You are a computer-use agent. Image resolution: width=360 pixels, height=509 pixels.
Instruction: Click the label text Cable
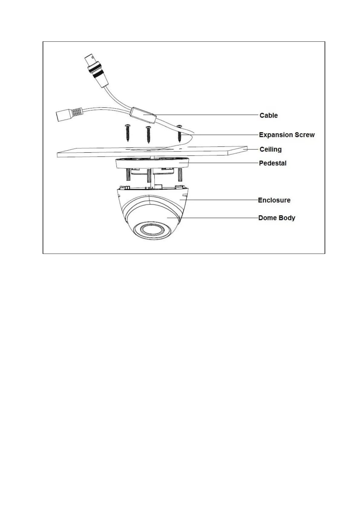click(x=268, y=115)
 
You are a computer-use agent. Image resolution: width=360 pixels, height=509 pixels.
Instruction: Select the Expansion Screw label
click(x=286, y=135)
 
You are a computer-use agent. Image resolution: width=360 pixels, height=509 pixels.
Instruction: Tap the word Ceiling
click(x=270, y=149)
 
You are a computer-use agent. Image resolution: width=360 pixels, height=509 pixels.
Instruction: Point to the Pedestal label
click(x=273, y=163)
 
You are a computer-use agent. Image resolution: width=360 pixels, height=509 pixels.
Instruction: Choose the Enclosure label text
click(x=274, y=200)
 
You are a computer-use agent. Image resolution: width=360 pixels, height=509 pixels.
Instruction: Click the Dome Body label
click(x=277, y=218)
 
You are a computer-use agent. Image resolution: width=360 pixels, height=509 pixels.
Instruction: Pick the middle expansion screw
click(x=148, y=134)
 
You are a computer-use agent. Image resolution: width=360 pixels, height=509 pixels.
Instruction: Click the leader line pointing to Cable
click(x=206, y=115)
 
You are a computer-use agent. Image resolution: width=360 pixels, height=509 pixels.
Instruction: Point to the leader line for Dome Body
click(x=212, y=218)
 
